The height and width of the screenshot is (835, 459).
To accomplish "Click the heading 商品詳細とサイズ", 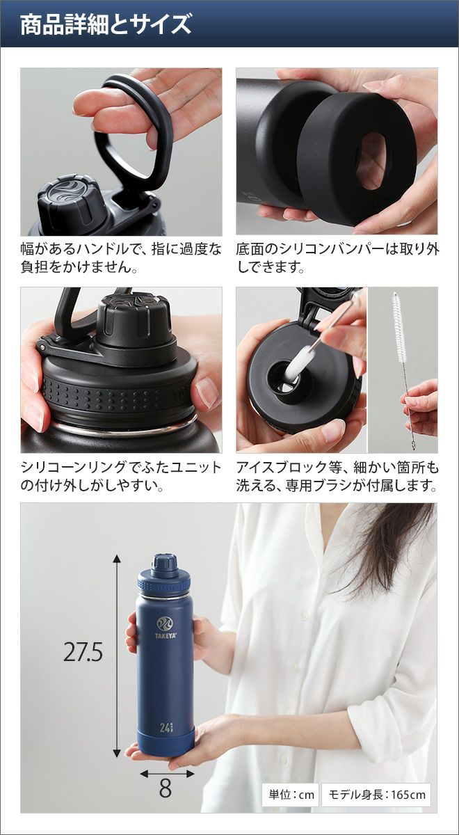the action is [x=106, y=24].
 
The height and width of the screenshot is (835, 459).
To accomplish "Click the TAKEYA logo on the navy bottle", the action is [x=165, y=628].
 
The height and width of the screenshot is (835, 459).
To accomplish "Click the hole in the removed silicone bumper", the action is [x=370, y=161].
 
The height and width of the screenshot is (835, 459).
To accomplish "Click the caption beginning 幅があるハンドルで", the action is [x=121, y=258].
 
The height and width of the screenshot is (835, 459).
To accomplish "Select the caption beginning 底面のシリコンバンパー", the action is [x=337, y=258].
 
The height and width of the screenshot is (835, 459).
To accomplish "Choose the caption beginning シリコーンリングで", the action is [x=121, y=477].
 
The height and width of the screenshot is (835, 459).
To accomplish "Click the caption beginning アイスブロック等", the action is [x=337, y=477].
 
